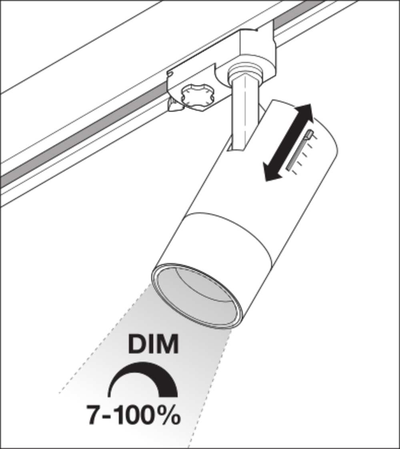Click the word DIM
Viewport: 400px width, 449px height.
pyautogui.click(x=153, y=345)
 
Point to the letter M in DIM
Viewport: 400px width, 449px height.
pyautogui.click(x=167, y=345)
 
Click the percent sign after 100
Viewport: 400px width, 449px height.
pyautogui.click(x=169, y=416)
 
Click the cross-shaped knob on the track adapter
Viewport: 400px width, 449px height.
pyautogui.click(x=196, y=96)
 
